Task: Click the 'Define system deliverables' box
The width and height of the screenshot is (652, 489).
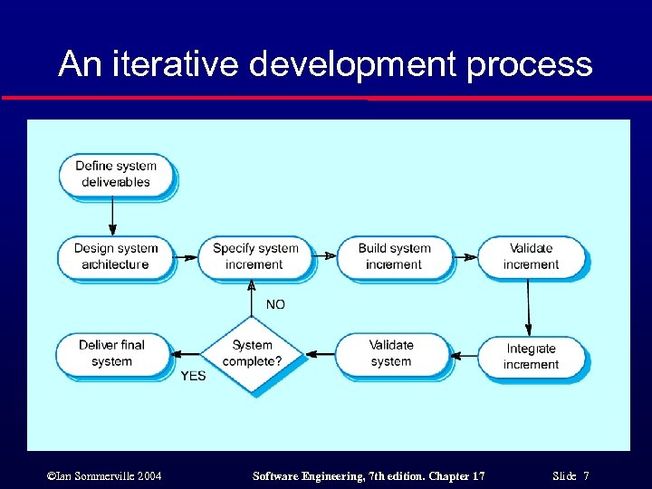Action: (116, 174)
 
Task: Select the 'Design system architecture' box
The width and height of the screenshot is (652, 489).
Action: (115, 256)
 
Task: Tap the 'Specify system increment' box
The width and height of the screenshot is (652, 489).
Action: (254, 256)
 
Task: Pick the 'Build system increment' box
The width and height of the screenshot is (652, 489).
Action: (394, 256)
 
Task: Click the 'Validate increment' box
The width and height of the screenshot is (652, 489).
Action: (532, 256)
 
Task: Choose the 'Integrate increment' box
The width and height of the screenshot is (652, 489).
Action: (532, 356)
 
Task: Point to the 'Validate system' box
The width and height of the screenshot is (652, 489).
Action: (391, 353)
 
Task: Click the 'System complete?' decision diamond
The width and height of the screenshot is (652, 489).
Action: (252, 353)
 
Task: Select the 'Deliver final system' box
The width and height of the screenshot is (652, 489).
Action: (112, 353)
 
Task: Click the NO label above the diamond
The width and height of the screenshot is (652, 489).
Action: (275, 305)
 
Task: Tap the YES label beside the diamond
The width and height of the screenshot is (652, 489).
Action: (193, 376)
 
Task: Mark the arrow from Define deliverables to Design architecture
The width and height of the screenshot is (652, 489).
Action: (113, 216)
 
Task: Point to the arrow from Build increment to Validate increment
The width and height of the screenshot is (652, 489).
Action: (465, 256)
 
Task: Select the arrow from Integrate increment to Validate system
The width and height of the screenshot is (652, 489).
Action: (465, 354)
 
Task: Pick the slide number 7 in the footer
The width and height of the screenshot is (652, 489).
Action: (586, 475)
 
